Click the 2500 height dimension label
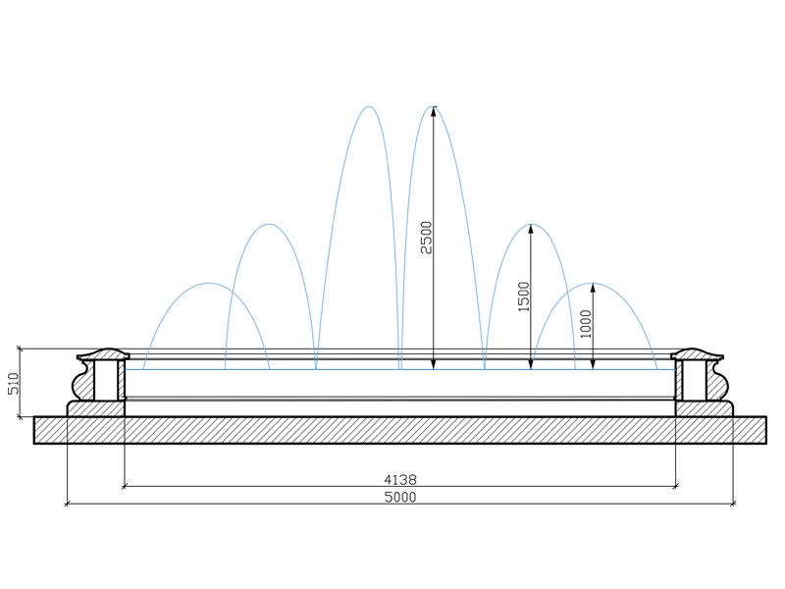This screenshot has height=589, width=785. (426, 238)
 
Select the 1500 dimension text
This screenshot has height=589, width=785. (524, 296)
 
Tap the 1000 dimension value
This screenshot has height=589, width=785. (586, 324)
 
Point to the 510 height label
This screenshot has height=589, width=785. (14, 383)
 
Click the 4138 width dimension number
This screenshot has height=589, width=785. (400, 480)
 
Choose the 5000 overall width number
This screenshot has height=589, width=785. (400, 497)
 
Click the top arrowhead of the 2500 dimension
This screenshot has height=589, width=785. (434, 111)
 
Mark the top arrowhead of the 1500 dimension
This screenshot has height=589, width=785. (531, 229)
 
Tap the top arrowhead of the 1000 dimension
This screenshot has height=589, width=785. (593, 288)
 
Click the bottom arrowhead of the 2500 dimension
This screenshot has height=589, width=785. (434, 364)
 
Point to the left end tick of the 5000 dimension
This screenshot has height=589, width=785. (67, 504)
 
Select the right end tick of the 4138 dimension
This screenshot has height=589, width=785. (676, 486)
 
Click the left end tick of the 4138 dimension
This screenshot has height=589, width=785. (125, 486)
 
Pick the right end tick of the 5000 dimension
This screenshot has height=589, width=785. (733, 504)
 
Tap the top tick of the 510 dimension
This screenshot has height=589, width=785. (20, 348)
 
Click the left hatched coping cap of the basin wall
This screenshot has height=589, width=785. (103, 354)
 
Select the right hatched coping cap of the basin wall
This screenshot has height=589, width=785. (697, 354)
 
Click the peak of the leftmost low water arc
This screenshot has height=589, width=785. (209, 283)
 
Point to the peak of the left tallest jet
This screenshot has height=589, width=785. (369, 106)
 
